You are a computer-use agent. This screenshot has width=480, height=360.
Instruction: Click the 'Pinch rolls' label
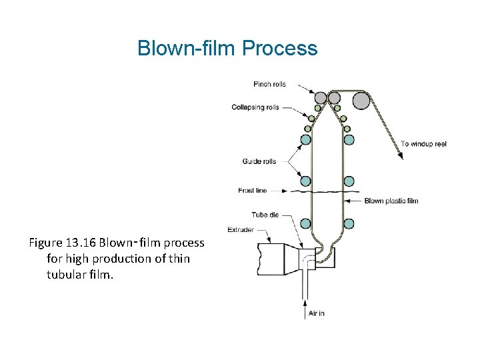[x=269, y=84]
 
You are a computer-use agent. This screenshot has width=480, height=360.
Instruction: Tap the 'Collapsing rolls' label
[x=255, y=107]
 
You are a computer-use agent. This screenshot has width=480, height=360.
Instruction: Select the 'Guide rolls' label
[x=259, y=161]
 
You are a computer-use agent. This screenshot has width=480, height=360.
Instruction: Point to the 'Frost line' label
[x=252, y=191]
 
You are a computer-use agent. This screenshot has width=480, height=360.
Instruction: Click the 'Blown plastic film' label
[x=391, y=201]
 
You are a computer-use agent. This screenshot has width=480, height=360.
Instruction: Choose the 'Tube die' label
[x=260, y=215]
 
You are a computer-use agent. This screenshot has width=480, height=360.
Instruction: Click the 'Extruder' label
[x=241, y=230]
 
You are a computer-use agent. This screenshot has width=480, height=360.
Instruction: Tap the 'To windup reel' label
[x=423, y=144]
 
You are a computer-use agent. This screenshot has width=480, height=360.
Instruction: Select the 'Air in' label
[x=317, y=313]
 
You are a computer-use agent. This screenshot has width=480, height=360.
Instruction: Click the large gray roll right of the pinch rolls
[x=361, y=100]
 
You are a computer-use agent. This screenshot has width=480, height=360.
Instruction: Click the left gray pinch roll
[x=321, y=98]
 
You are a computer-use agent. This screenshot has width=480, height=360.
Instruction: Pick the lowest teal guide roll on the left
[x=305, y=224]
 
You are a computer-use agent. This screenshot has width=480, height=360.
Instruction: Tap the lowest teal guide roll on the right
[x=349, y=224]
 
